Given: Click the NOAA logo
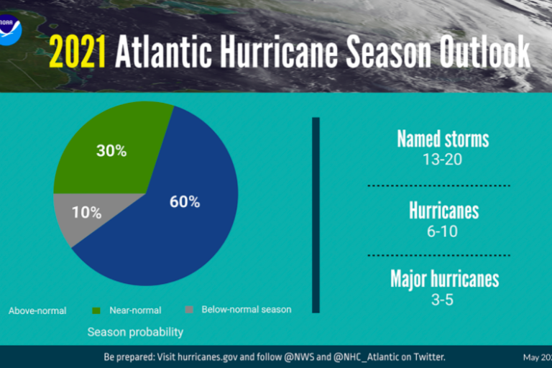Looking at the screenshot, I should [x=11, y=31].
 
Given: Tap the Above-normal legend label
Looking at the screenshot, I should [x=37, y=311].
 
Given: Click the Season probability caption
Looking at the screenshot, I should [x=135, y=332].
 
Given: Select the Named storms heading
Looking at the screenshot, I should [x=443, y=139].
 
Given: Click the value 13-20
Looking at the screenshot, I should [x=443, y=159].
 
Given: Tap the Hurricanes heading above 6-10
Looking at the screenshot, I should [x=443, y=211].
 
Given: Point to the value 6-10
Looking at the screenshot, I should [x=443, y=231].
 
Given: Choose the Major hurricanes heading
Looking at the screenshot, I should [x=444, y=278].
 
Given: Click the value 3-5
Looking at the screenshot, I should [x=443, y=299].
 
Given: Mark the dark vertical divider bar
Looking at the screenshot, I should [x=316, y=216].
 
